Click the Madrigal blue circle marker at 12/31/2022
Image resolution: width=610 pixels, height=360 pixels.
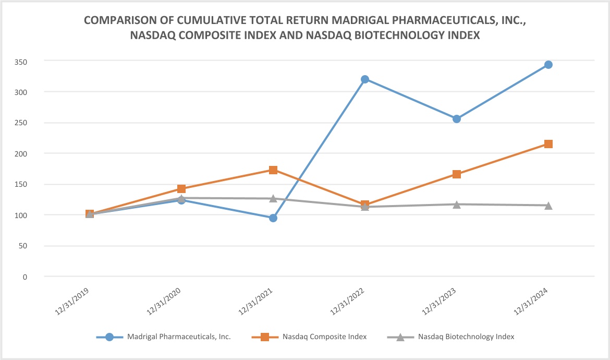point(365,79)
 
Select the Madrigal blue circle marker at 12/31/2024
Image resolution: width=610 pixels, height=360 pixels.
point(548,65)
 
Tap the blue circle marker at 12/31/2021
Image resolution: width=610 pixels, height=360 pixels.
point(273,218)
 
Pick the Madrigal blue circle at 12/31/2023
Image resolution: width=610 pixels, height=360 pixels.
point(457,119)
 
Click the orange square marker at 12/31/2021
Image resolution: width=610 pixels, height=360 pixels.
point(273,170)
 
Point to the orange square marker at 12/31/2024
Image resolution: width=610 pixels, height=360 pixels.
point(548,144)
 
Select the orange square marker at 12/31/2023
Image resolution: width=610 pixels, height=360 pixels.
point(457,174)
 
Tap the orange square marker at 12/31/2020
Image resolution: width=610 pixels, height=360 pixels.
point(181,189)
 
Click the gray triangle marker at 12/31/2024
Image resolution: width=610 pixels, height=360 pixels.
point(548,206)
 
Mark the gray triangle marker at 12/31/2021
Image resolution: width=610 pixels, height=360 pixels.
point(273,198)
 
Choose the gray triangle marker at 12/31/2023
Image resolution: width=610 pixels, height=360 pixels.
point(457,204)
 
